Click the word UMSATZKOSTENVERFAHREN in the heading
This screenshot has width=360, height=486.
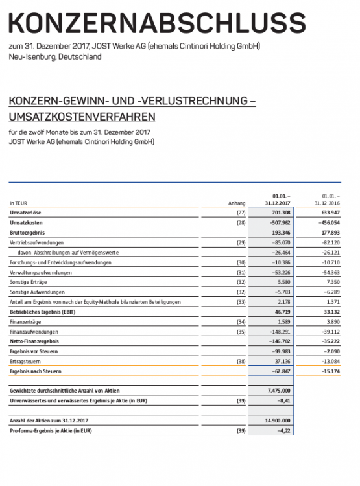[x=82, y=117]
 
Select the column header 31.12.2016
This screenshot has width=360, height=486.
[x=328, y=203]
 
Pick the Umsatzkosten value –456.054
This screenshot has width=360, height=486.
[x=327, y=222]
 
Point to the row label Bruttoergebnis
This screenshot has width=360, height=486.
[x=28, y=232]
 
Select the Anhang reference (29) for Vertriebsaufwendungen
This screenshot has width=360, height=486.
[x=241, y=242]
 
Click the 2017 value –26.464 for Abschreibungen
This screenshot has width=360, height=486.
[x=279, y=252]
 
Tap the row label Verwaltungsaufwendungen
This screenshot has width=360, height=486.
[x=40, y=272]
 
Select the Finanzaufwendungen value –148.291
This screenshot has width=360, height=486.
[x=278, y=331]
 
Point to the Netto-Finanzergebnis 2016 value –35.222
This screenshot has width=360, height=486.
[x=328, y=341]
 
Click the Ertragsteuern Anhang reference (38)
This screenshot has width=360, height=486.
[x=241, y=361]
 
